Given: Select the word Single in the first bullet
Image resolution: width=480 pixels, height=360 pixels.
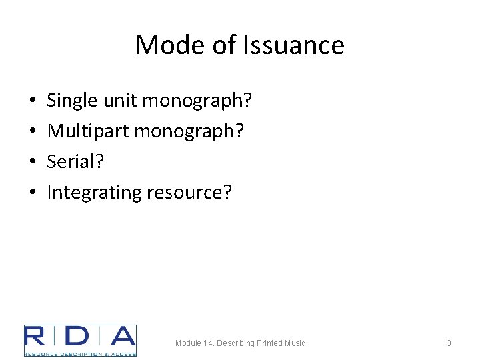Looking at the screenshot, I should point(73,101).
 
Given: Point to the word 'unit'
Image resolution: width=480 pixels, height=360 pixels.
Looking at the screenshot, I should point(122,101).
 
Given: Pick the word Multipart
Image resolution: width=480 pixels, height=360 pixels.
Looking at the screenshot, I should point(88,131).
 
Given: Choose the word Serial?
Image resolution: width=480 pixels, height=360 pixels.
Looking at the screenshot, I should point(76,162).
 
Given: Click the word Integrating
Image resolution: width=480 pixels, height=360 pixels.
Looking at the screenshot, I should point(93,193).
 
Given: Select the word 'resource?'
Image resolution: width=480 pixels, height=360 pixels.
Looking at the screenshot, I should point(189,193).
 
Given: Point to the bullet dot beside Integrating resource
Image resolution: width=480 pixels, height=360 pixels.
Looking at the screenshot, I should point(33,193).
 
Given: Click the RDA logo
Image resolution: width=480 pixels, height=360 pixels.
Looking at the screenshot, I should point(80,340).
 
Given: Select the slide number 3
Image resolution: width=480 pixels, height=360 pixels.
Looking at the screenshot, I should point(449,343).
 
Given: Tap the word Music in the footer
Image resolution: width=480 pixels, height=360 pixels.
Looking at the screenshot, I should point(293,343).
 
